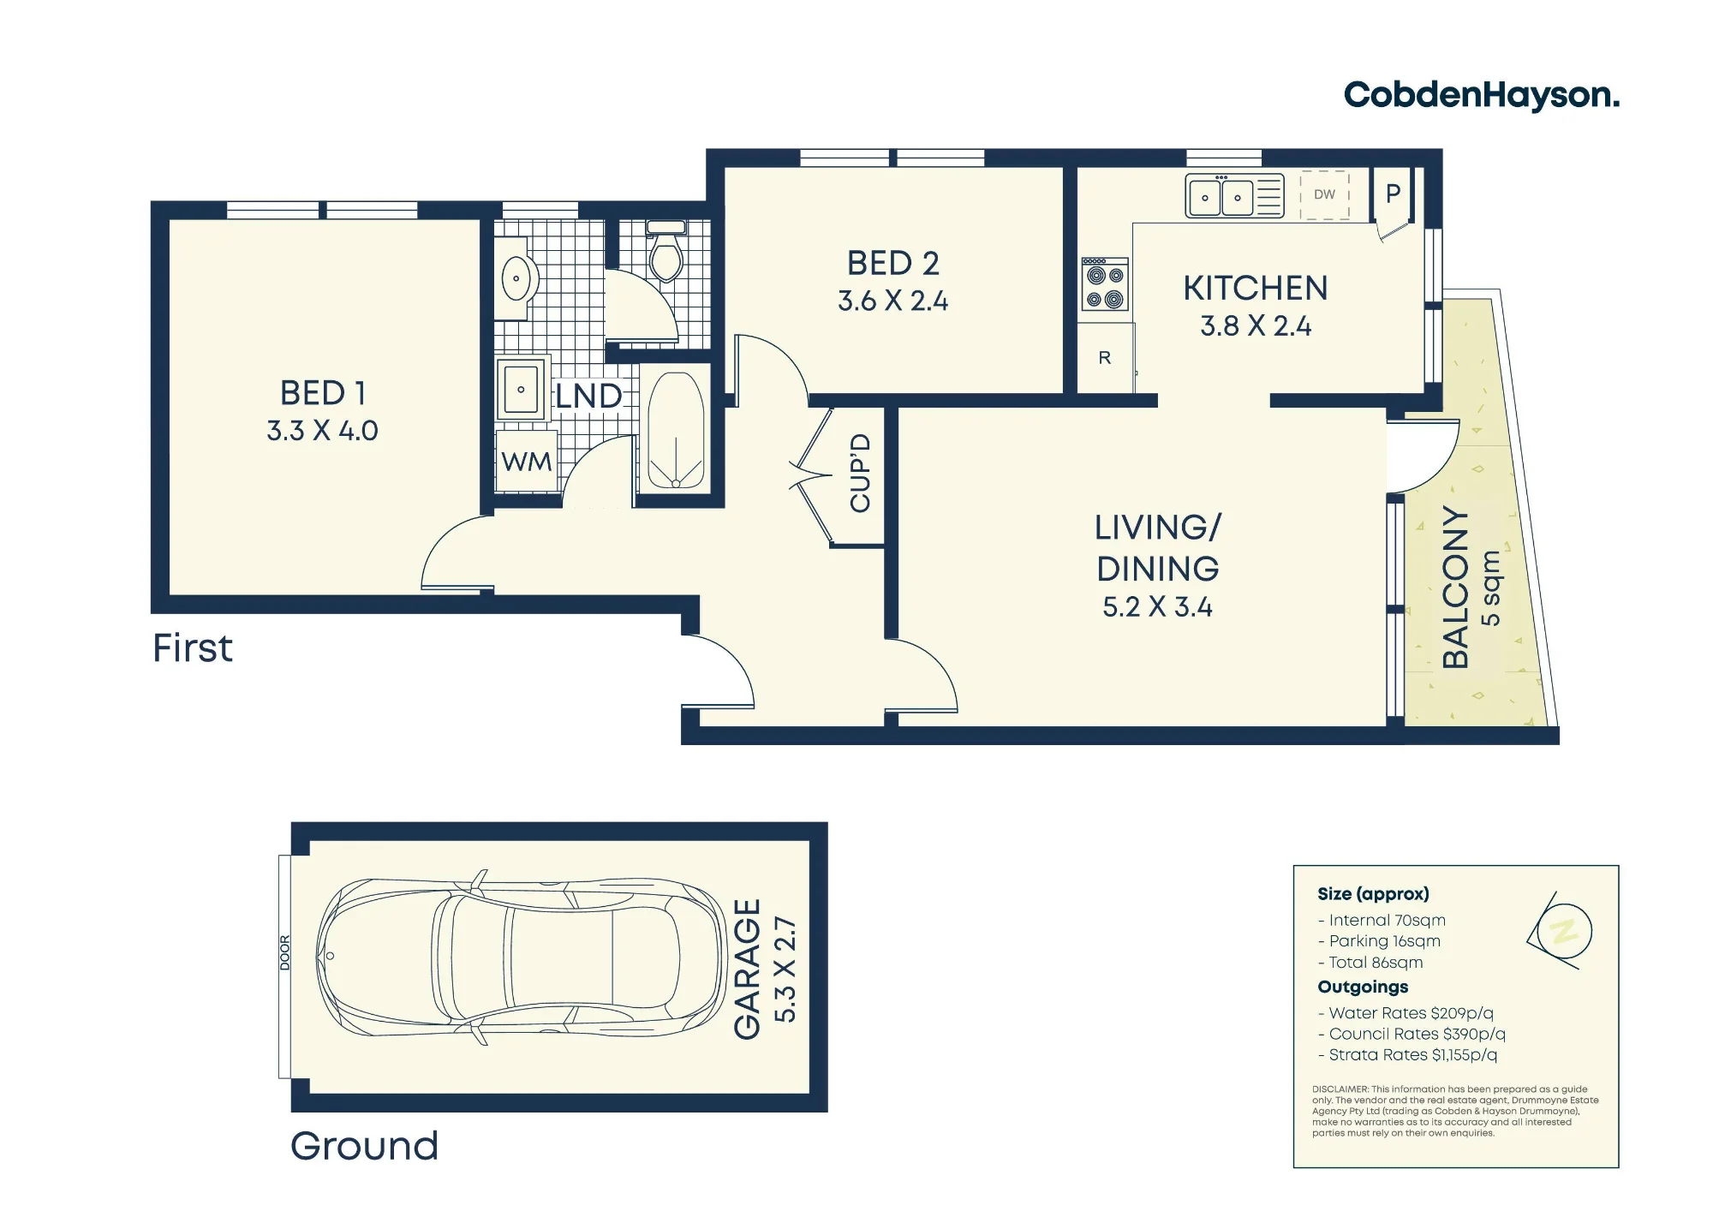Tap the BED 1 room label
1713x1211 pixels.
point(324,393)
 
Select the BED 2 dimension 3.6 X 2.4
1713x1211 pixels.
point(893,301)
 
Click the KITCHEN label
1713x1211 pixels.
point(1256,289)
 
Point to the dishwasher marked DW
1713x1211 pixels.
point(1324,195)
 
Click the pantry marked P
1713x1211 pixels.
point(1394,194)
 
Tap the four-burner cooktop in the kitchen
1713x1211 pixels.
point(1105,284)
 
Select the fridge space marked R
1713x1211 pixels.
point(1105,358)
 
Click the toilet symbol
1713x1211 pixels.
point(666,251)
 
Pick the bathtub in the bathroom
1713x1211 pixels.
point(676,431)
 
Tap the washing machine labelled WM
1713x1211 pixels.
point(527,461)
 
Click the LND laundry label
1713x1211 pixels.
point(588,397)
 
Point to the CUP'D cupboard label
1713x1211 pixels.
point(860,474)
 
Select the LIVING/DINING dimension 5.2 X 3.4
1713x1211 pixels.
point(1157,607)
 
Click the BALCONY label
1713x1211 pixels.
point(1456,588)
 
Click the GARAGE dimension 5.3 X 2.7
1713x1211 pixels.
point(785,969)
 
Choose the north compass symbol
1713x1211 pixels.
point(1561,932)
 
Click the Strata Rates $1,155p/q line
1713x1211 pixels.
point(1408,1055)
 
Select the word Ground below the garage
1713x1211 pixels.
point(365,1146)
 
